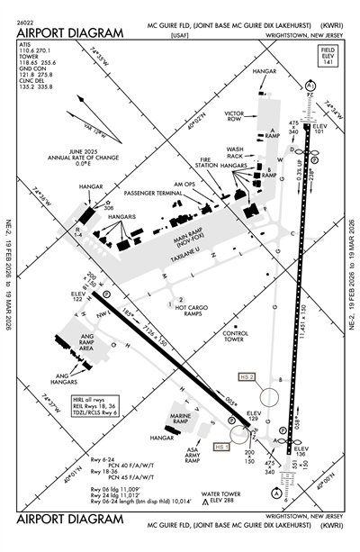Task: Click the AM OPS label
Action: tap(184, 184)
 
